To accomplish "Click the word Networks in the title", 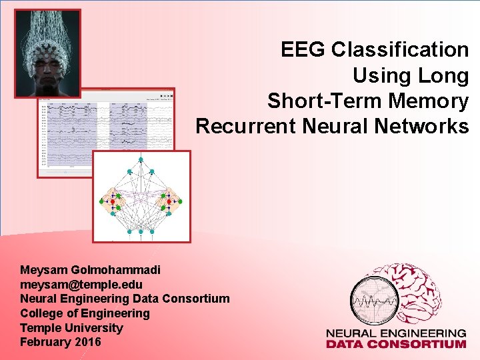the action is pyautogui.click(x=430, y=127).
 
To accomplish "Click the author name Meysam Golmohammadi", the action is pyautogui.click(x=90, y=270).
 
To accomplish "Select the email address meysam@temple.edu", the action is pyautogui.click(x=81, y=285).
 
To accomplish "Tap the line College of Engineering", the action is pyautogui.click(x=85, y=313).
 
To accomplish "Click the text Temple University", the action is pyautogui.click(x=71, y=328).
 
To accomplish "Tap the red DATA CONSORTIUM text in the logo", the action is pyautogui.click(x=395, y=344).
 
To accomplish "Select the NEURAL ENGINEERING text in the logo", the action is pyautogui.click(x=395, y=333).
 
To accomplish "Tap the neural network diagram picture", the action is pyautogui.click(x=141, y=196).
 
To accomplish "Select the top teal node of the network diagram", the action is pyautogui.click(x=141, y=160).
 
